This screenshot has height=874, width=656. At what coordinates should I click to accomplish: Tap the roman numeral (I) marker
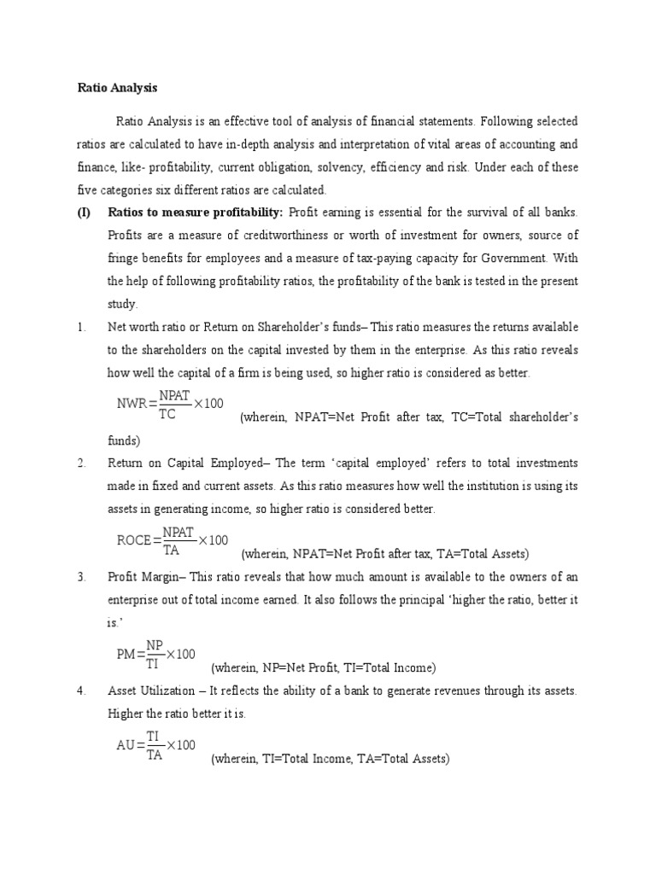(x=85, y=211)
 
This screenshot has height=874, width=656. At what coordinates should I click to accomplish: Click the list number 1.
(x=82, y=326)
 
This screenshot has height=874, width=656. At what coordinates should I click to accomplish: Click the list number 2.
(x=82, y=463)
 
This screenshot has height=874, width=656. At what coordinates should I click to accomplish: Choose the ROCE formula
(x=172, y=539)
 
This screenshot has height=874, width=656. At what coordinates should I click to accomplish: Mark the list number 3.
(x=82, y=577)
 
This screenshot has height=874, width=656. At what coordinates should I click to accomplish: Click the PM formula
(x=156, y=654)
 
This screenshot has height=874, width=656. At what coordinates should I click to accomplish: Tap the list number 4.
(x=82, y=690)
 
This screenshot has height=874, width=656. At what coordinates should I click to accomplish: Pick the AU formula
(x=156, y=744)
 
